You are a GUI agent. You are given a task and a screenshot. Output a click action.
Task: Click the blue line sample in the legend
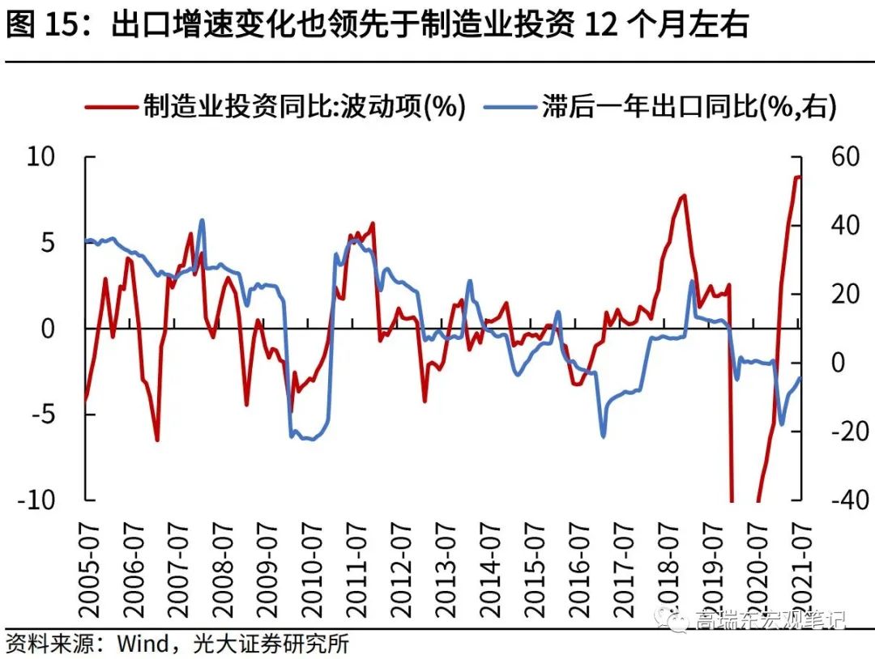[510, 106]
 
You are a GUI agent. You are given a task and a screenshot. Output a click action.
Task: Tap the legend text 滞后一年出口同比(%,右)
[689, 106]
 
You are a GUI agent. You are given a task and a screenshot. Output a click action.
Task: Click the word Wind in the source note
[143, 644]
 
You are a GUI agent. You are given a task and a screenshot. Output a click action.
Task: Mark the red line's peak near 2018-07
[684, 195]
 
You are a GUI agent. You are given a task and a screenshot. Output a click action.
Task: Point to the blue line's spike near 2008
[202, 220]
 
